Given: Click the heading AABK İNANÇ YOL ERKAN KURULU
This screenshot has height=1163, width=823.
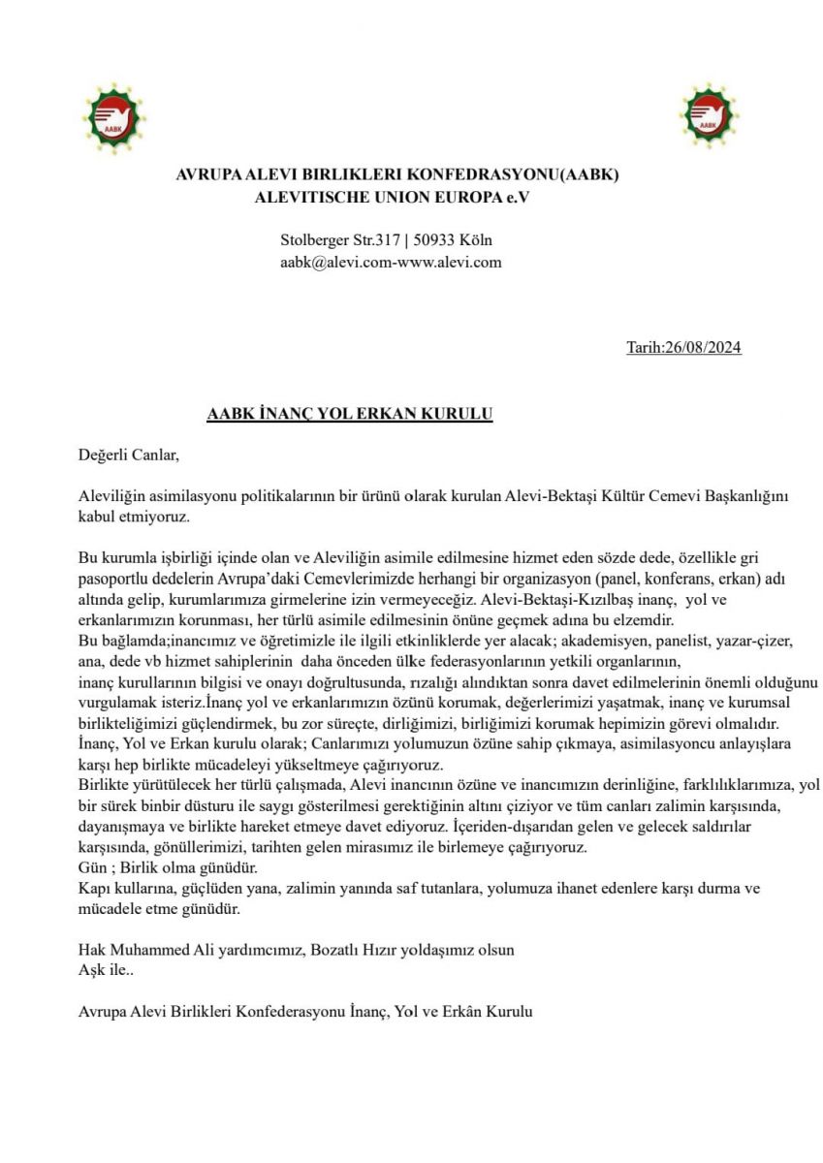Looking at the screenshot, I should tap(350, 414).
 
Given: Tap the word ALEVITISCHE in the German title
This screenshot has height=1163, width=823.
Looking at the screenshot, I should tap(301, 197).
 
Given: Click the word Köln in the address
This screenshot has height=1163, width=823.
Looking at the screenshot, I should tap(481, 240).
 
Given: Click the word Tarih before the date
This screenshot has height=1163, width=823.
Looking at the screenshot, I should tap(645, 349).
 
